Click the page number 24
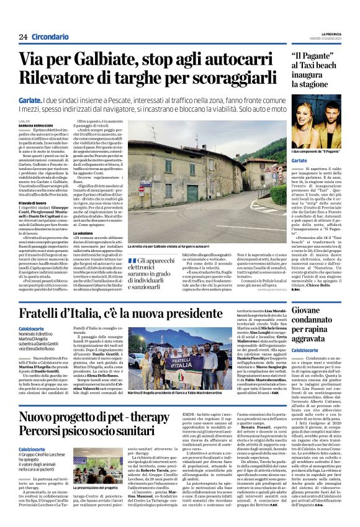point(23,37)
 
